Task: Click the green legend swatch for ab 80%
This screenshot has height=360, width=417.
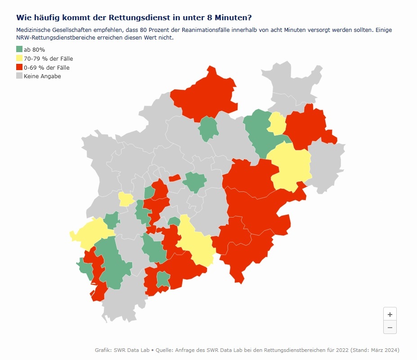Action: (x=19, y=49)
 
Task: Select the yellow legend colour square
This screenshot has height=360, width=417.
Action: (x=19, y=58)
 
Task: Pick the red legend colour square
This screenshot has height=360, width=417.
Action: (x=19, y=67)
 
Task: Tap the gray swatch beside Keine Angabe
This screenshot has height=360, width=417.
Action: (x=19, y=76)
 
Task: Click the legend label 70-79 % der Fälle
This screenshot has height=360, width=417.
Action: (x=48, y=58)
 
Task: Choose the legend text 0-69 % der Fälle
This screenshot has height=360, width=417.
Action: (x=46, y=67)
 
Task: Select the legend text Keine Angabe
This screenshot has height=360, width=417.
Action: (x=42, y=76)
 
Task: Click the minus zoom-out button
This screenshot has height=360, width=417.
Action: (x=390, y=327)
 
